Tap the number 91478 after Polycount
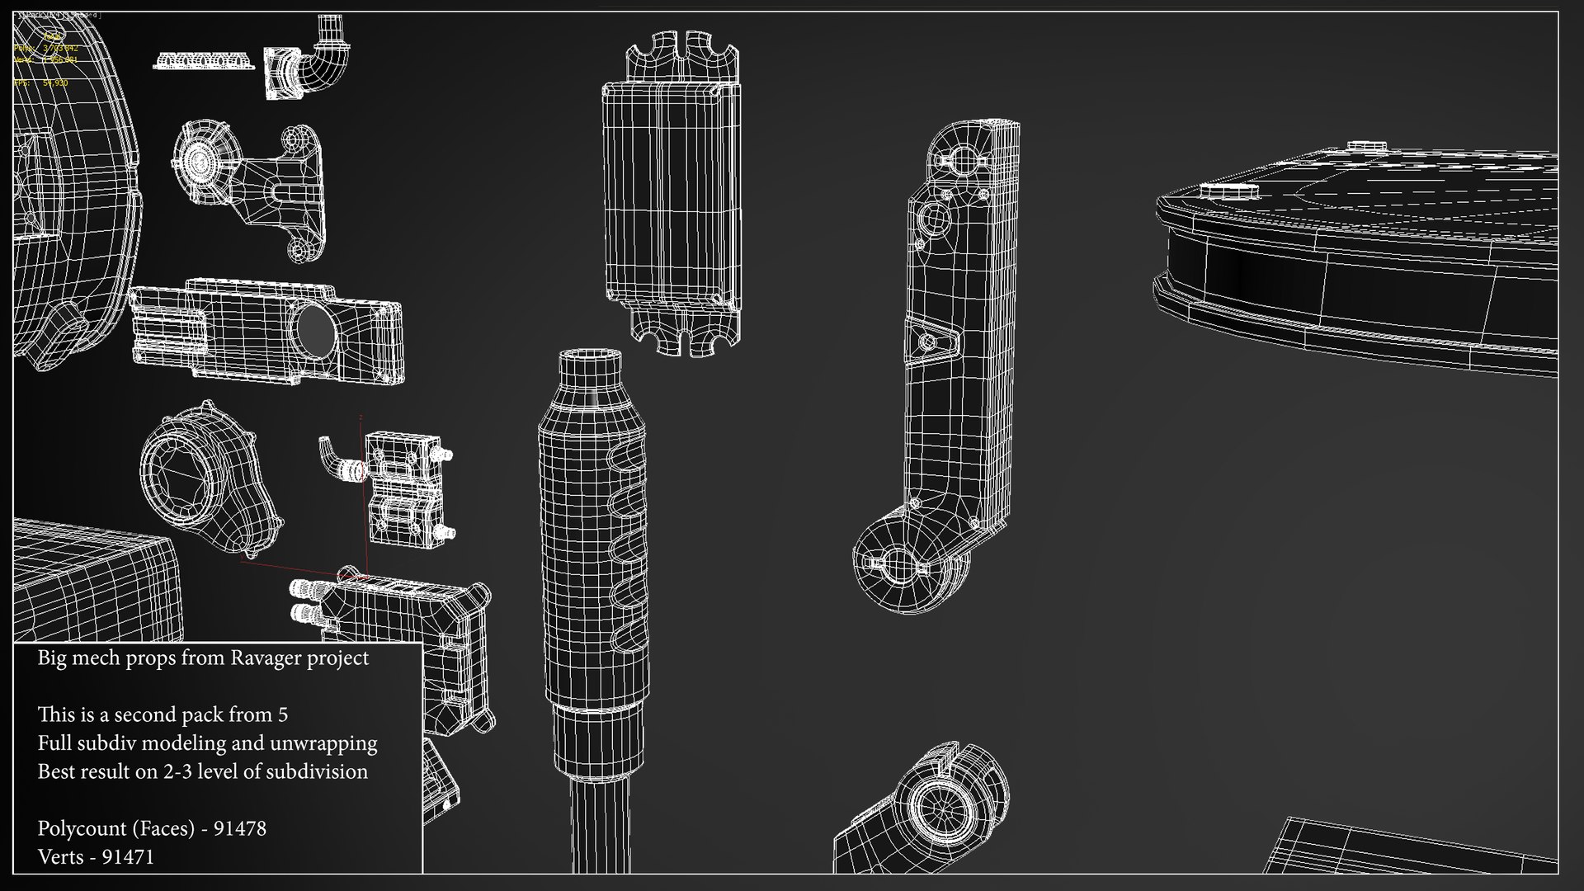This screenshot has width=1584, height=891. [x=239, y=828]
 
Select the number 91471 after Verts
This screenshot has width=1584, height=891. [x=128, y=857]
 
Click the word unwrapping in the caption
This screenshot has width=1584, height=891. [x=330, y=743]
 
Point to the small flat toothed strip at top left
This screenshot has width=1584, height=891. [x=203, y=61]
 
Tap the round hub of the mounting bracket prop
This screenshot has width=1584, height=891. [x=199, y=158]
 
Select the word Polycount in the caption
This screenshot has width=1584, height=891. [x=81, y=828]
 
